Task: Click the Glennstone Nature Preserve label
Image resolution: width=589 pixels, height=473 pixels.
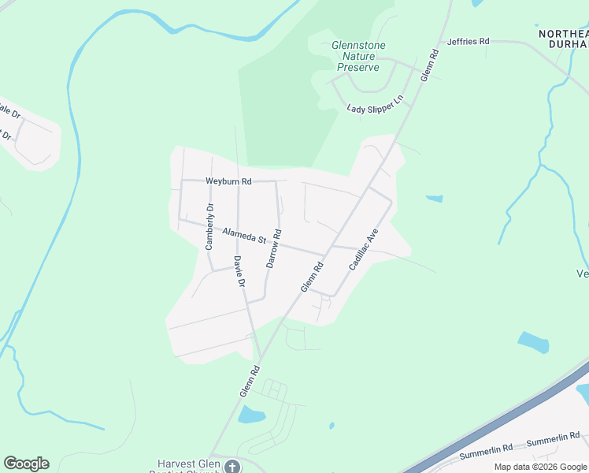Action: click(359, 56)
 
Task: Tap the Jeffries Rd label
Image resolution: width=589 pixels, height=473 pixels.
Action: click(468, 41)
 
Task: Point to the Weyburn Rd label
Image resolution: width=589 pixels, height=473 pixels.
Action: click(228, 181)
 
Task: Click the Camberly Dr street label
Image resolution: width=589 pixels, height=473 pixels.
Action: click(209, 227)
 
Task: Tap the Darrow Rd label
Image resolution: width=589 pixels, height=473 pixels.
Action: click(273, 248)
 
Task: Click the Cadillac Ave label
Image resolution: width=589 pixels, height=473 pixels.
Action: click(364, 249)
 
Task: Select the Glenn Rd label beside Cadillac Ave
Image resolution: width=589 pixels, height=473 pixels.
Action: click(313, 277)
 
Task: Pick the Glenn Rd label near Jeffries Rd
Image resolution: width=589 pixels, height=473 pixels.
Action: click(429, 65)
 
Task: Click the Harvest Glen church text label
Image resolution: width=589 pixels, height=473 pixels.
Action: click(189, 465)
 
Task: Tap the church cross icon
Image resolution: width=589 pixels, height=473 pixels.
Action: click(232, 467)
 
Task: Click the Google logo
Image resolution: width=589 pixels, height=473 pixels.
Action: click(26, 464)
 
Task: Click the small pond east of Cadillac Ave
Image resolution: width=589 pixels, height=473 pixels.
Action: click(434, 198)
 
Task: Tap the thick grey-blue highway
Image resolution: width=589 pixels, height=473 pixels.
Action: click(504, 419)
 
